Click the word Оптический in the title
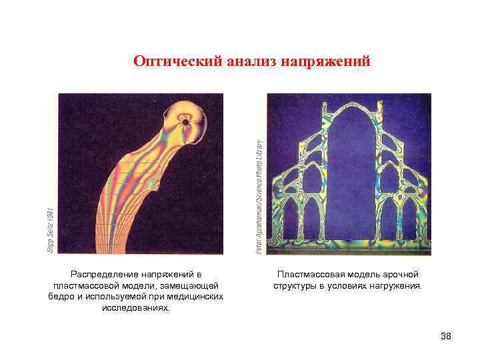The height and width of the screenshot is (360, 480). tap(175, 62)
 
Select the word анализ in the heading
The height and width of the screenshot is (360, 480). tap(253, 62)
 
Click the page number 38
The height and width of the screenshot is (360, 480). tap(446, 335)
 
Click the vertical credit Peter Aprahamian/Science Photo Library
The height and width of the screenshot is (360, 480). tap(259, 196)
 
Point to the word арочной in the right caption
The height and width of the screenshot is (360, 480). tap(400, 274)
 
